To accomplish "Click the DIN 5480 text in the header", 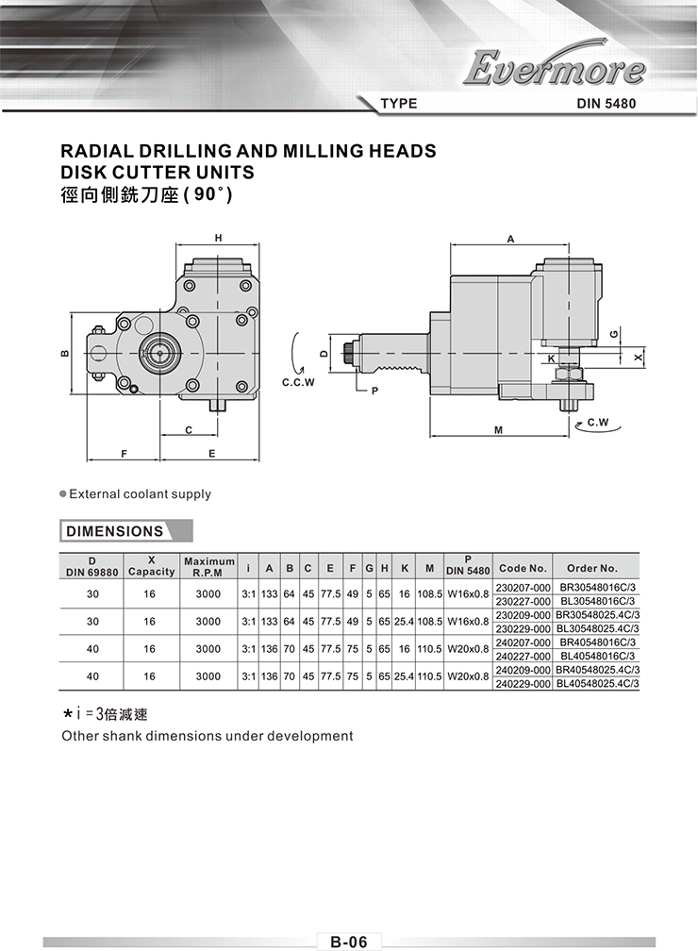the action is click(x=607, y=104).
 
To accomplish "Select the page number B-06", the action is click(x=349, y=942).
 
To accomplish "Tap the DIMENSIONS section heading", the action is click(x=115, y=531).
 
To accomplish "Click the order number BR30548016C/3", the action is click(x=597, y=587).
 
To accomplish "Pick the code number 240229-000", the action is click(x=523, y=683).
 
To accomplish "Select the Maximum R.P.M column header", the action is click(x=209, y=567).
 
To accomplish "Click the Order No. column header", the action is click(x=591, y=568).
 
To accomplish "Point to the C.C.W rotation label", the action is click(x=298, y=383).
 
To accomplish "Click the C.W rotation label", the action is click(x=598, y=422).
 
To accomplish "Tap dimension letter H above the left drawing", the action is click(x=218, y=239).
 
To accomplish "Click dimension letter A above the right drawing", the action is click(x=510, y=239).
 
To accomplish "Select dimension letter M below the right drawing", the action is click(x=498, y=430).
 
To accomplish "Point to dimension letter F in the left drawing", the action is click(x=124, y=454).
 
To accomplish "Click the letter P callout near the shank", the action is click(x=374, y=391).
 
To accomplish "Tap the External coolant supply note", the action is click(x=141, y=494).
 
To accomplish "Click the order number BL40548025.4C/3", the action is click(x=597, y=683).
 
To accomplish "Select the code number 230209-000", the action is click(x=523, y=615).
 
